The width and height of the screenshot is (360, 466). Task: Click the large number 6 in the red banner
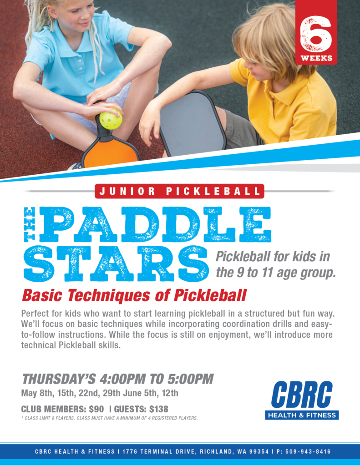tap(315, 34)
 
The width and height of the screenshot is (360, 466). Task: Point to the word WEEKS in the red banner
tap(316, 58)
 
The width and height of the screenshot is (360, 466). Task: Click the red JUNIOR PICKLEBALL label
tap(180, 191)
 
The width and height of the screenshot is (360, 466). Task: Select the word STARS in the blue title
tap(116, 263)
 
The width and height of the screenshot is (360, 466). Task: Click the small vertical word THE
tap(30, 224)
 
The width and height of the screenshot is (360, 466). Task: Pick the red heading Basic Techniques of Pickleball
tap(134, 295)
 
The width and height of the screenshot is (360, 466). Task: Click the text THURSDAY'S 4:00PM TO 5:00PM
tap(118, 379)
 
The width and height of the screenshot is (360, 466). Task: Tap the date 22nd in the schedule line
tap(89, 393)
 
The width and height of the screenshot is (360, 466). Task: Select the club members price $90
tap(96, 409)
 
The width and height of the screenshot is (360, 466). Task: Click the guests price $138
tap(159, 409)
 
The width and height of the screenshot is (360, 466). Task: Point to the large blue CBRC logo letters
tap(302, 395)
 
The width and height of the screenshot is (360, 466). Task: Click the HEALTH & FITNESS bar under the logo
tap(302, 415)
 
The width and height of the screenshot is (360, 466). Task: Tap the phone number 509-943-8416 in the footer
tap(308, 451)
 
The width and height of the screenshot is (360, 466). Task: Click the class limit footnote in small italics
tap(109, 418)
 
